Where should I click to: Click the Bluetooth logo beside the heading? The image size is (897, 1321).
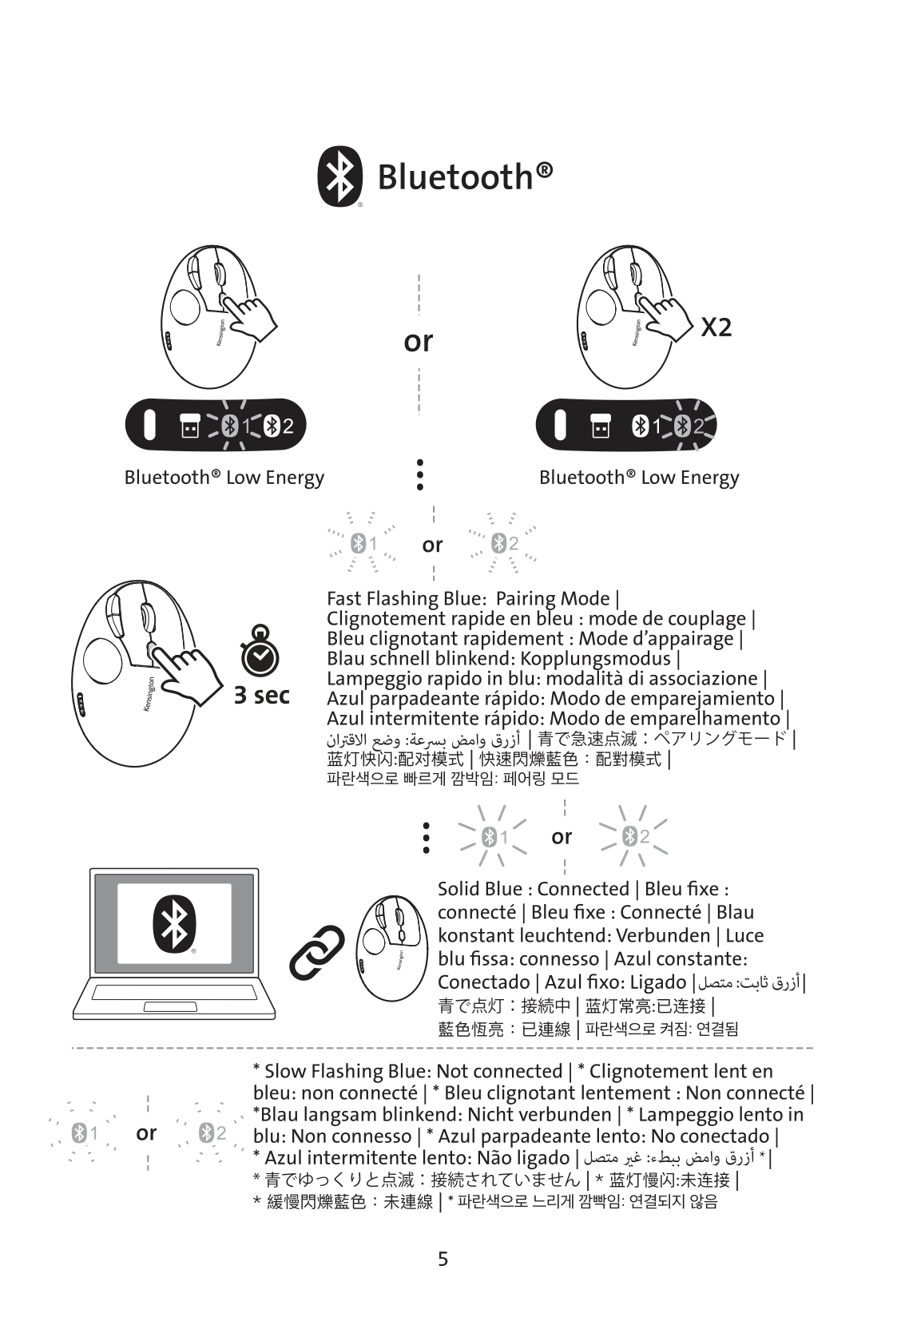pos(339,176)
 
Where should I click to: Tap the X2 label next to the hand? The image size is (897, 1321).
pos(716,327)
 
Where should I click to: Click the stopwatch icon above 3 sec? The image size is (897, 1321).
pos(260,654)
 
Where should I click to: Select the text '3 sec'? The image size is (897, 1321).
pos(261,696)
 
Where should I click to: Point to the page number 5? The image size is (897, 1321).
pos(443,1260)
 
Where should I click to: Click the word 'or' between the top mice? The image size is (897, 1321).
pos(418,342)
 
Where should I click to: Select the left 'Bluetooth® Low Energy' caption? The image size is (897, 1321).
pos(224,478)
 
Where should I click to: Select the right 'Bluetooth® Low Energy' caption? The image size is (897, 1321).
pos(639,478)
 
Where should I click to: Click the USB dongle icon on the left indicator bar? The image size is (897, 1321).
pos(189,426)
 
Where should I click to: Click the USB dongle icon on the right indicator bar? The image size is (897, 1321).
pos(600,426)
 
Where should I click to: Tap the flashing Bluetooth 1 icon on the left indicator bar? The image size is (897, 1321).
pos(232,426)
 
